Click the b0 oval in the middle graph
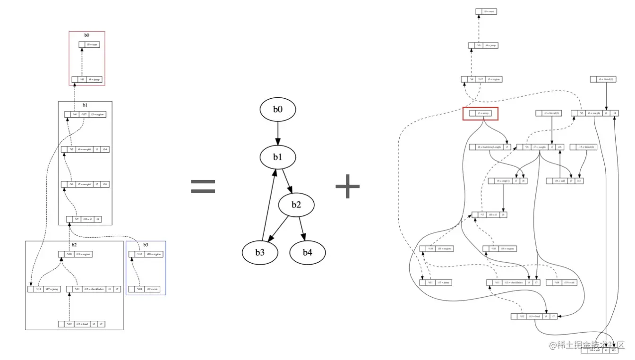click(x=278, y=110)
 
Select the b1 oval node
click(x=277, y=156)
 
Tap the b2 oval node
click(x=296, y=205)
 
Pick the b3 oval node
click(x=260, y=252)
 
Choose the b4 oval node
click(x=308, y=252)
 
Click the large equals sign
click(x=203, y=187)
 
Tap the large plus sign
click(x=348, y=187)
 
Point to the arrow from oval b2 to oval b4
click(x=302, y=229)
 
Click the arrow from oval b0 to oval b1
click(x=278, y=133)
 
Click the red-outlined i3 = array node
click(x=480, y=113)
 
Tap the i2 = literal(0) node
click(x=548, y=113)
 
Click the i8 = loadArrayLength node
click(x=490, y=147)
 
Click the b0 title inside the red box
click(x=87, y=35)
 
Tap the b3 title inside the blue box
click(x=146, y=245)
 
